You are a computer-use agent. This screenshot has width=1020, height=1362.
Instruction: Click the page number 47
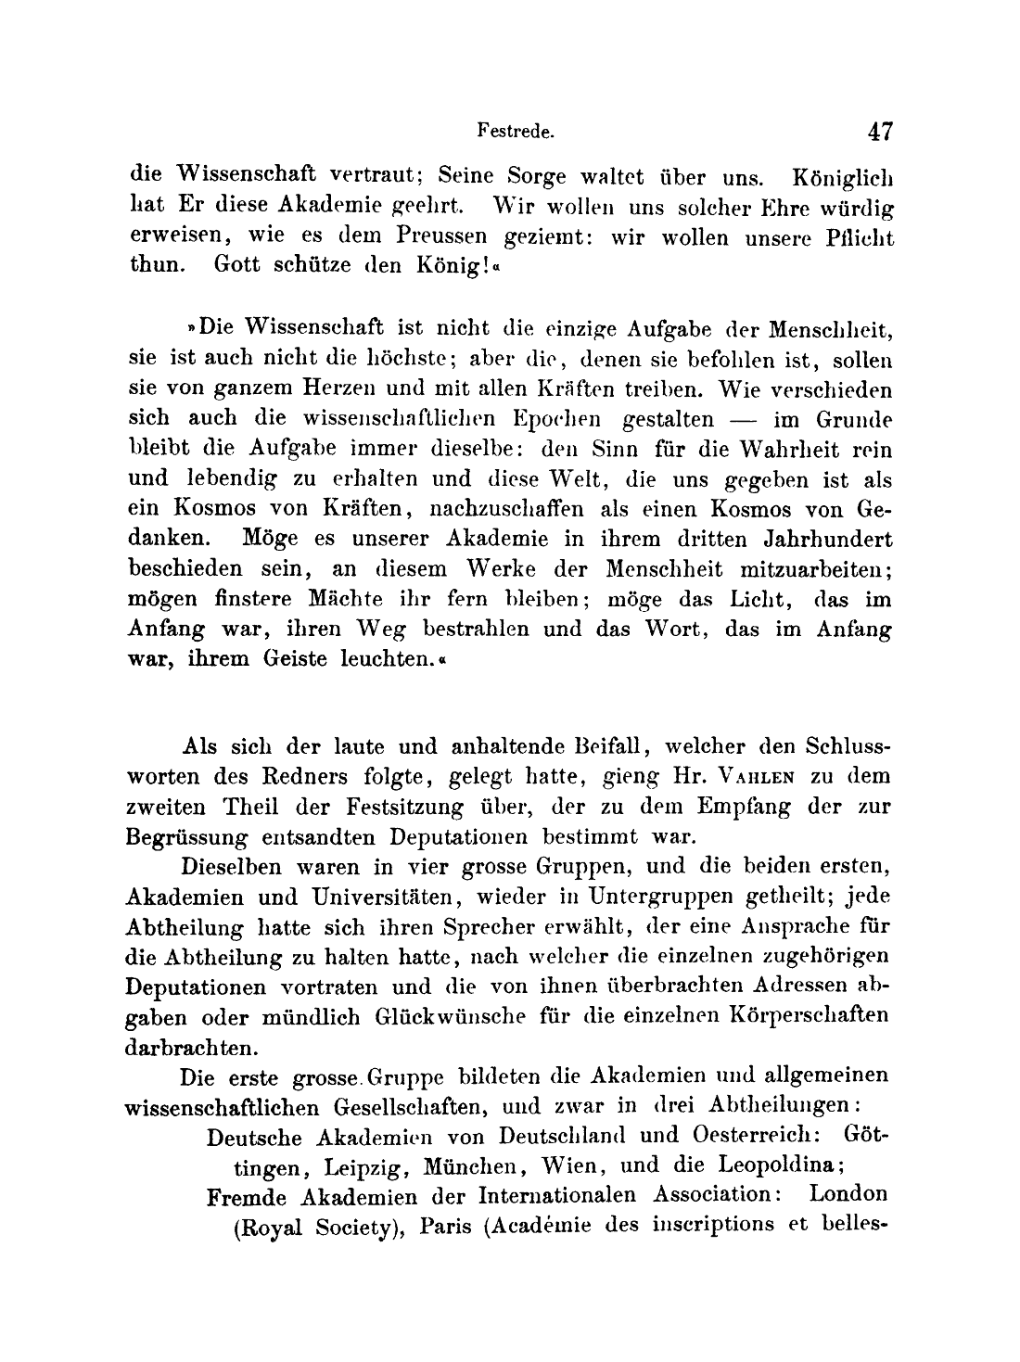coord(879,131)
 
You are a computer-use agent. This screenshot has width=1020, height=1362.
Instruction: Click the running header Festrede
coord(516,132)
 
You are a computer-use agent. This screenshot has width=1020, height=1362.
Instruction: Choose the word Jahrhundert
coord(809,539)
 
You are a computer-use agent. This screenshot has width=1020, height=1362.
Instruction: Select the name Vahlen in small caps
coord(758,776)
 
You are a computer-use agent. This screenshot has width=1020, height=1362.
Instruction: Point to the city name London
coord(848,1194)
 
